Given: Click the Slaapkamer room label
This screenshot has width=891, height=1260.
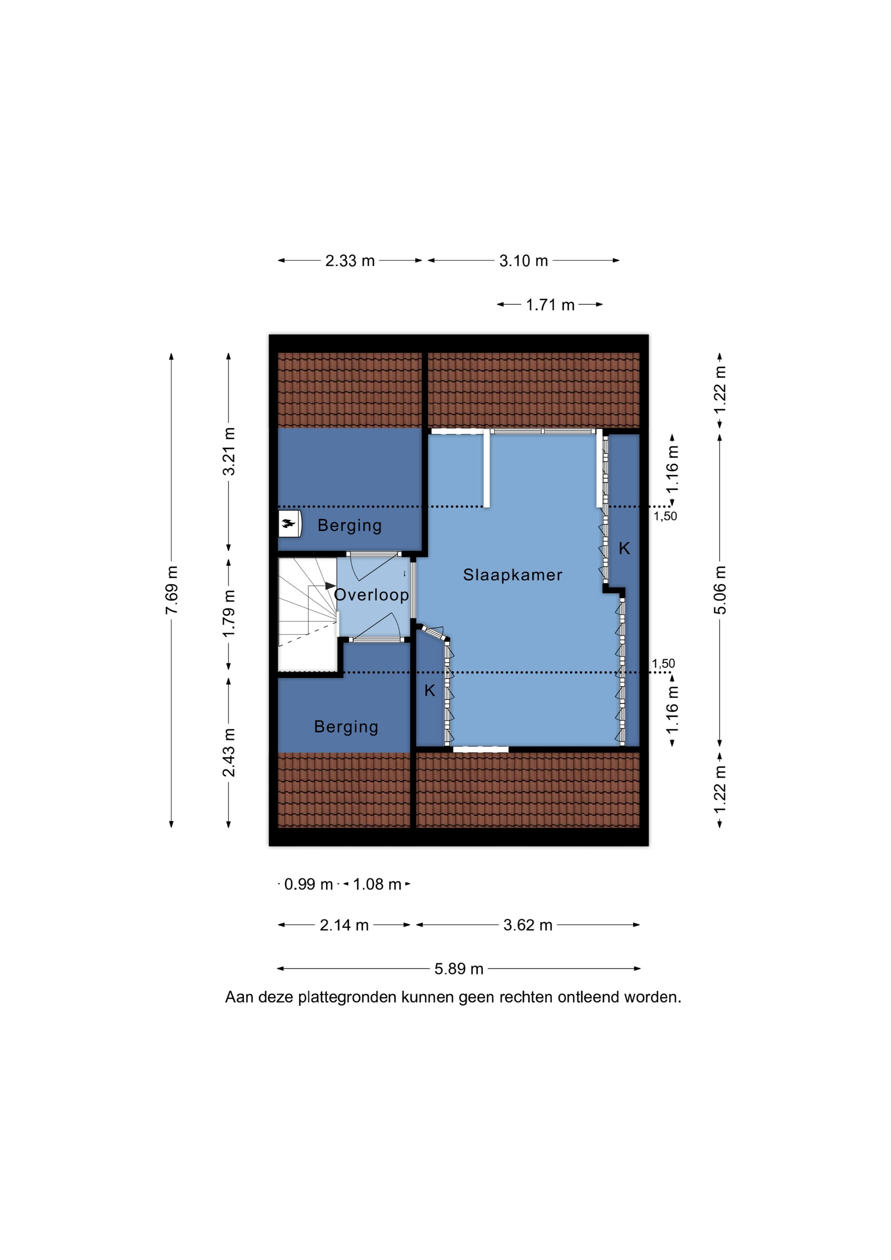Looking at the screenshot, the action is pos(513,575).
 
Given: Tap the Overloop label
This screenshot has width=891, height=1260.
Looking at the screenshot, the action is pos(372,595).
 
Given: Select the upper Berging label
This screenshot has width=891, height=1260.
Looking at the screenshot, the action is pos(350,525).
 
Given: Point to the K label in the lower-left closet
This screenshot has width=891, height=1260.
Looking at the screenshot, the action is pos(429,690).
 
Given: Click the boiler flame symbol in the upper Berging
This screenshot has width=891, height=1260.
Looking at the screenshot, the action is pos(289,524).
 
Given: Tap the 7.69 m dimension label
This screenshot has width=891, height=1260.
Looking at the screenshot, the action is pos(172,590).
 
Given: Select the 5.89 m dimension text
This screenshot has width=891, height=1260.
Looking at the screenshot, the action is pos(459,969).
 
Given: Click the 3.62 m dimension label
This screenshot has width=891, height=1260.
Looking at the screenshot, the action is pos(528,925).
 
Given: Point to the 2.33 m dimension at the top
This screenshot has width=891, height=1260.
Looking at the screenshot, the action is pos(350,261).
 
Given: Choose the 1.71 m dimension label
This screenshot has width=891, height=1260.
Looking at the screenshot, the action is pos(550,305).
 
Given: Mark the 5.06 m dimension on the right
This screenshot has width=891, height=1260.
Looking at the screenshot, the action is pos(721,590).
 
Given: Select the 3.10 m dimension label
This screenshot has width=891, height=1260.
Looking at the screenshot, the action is pos(523,261).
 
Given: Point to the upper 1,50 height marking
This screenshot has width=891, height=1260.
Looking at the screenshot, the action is pos(665,516).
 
